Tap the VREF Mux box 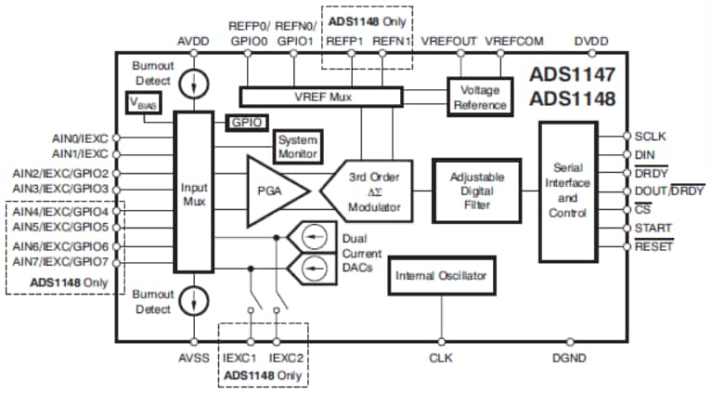tap(320, 96)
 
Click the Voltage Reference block tap(480, 96)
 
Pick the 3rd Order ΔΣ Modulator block tap(367, 191)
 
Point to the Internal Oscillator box tap(441, 276)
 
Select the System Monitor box tap(297, 145)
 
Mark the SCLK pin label tap(652, 136)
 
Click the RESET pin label tap(654, 246)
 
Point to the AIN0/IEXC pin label tap(81, 137)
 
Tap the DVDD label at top tap(592, 41)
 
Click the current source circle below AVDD tap(194, 86)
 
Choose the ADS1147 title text tap(573, 75)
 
